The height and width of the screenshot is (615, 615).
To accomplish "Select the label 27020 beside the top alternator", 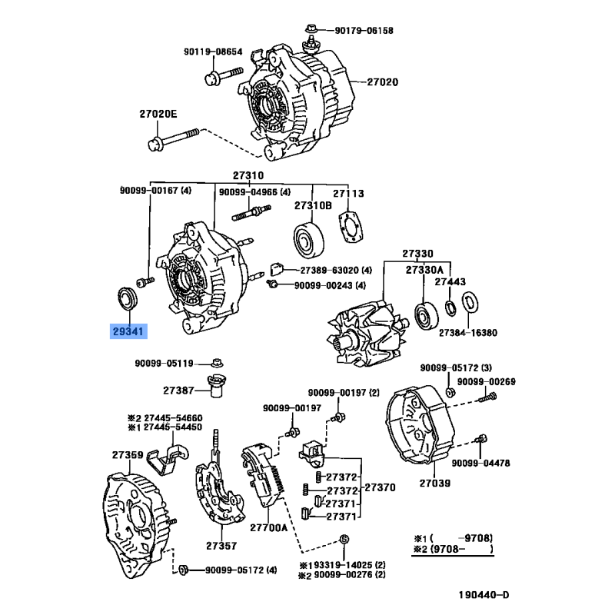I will [x=381, y=81].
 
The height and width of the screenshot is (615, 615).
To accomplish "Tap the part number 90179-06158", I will [x=364, y=31].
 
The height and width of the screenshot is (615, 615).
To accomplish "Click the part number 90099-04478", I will [x=480, y=464].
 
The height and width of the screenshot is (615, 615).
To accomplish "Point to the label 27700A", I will [x=268, y=528].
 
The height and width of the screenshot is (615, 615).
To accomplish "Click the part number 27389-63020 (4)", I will [x=336, y=271].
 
